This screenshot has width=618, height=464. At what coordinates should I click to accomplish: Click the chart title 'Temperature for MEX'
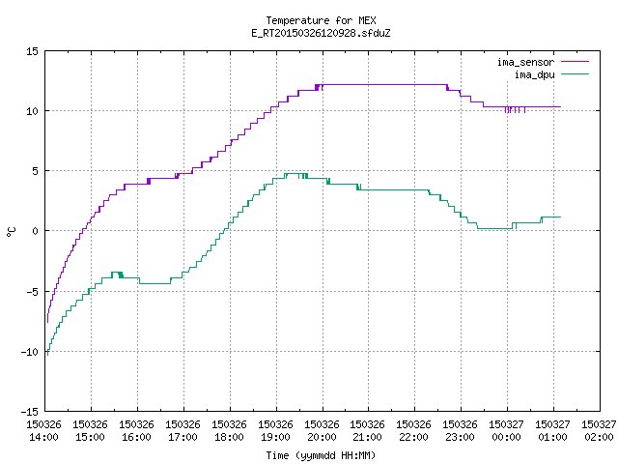321,20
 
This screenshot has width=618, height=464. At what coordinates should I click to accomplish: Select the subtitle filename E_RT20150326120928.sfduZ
321,33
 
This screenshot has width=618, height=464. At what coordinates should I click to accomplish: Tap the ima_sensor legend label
525,62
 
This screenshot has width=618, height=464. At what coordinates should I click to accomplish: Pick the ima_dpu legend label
534,74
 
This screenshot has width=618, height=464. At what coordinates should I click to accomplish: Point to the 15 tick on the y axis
32,51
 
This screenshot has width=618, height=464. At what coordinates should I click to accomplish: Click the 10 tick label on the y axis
32,111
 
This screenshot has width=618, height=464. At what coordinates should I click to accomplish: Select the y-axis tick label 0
35,231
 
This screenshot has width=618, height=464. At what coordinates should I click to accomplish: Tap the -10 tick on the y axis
30,352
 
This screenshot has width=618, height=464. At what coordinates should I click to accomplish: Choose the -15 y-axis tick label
30,412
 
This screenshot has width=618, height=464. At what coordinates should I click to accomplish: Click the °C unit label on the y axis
11,232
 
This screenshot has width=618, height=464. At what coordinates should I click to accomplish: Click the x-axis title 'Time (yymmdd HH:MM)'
321,455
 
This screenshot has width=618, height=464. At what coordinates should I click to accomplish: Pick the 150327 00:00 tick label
506,431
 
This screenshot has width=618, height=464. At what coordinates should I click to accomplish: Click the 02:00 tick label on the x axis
599,437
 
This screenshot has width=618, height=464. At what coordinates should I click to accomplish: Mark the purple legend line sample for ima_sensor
575,62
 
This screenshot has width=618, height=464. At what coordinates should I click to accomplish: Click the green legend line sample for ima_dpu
575,74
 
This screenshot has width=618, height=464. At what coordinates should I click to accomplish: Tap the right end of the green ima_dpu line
560,217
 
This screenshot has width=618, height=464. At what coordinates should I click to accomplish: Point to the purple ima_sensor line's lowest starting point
47,322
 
